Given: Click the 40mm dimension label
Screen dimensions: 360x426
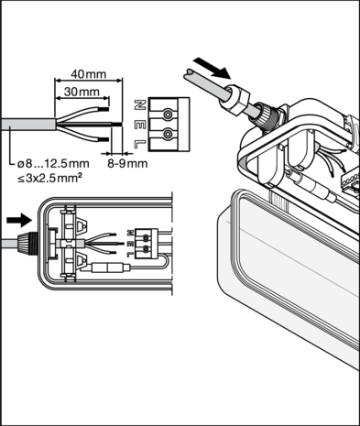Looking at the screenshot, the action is [x=89, y=74].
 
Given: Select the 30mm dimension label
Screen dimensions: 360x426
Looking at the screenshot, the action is [x=82, y=92].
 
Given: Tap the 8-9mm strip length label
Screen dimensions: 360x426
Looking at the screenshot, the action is [x=127, y=163].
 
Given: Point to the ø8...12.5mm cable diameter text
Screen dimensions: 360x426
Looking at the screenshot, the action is [x=53, y=164].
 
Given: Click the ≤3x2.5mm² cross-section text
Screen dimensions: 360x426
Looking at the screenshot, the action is [x=49, y=178].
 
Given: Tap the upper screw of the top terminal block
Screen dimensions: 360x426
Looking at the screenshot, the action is [x=168, y=115].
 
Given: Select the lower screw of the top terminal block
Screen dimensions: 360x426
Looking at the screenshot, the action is [x=168, y=135].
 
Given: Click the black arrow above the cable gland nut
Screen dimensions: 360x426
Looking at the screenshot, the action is [x=213, y=68].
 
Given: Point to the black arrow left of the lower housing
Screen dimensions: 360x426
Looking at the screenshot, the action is [x=19, y=220].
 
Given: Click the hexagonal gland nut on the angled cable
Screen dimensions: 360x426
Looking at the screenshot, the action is [x=235, y=100].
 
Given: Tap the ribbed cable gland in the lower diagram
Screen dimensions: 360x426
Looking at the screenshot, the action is [x=27, y=244].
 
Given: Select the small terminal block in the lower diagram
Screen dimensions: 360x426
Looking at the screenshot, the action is [x=147, y=244].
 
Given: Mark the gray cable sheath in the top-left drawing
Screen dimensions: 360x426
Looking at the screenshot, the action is [x=28, y=124].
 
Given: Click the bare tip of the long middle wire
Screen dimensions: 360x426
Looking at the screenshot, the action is [x=117, y=124].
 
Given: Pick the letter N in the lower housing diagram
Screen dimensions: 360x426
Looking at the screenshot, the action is [x=130, y=233].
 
